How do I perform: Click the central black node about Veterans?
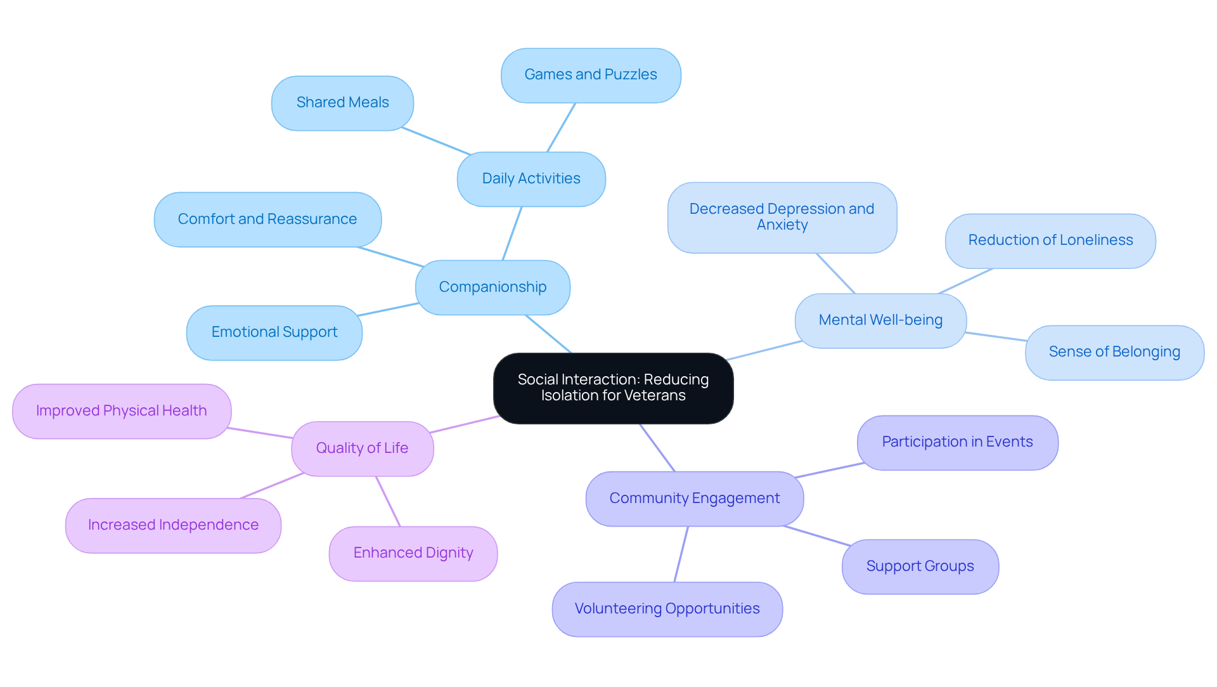(x=613, y=388)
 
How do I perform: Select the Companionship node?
(x=493, y=287)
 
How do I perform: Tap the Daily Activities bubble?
(x=531, y=179)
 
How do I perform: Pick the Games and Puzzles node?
(x=591, y=75)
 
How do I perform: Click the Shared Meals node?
(x=342, y=103)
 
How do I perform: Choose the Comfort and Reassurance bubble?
(x=267, y=219)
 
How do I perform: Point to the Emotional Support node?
(x=274, y=332)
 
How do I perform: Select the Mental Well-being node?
(x=880, y=320)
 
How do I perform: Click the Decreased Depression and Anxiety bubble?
(x=782, y=217)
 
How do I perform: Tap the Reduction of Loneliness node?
(x=1050, y=240)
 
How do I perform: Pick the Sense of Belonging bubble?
(x=1114, y=352)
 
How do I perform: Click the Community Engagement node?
(x=695, y=499)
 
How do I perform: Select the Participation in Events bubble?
(x=957, y=442)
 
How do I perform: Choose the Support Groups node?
(x=920, y=566)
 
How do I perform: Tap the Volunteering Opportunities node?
(x=667, y=609)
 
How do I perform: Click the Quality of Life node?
(x=362, y=448)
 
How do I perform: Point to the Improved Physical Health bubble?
(x=122, y=411)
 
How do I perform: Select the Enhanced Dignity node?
(x=413, y=553)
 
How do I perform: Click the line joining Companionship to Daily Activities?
(x=512, y=233)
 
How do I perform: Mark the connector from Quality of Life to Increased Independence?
(x=273, y=486)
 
